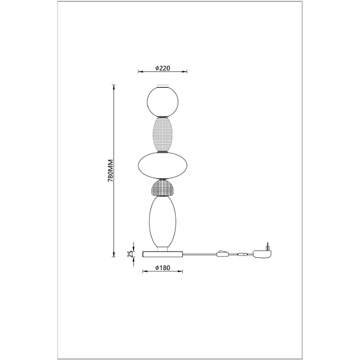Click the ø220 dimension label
(x=163, y=68)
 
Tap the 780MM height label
(x=110, y=170)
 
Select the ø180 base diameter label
(x=163, y=268)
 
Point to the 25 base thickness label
(x=130, y=254)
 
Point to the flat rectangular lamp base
(x=163, y=254)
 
